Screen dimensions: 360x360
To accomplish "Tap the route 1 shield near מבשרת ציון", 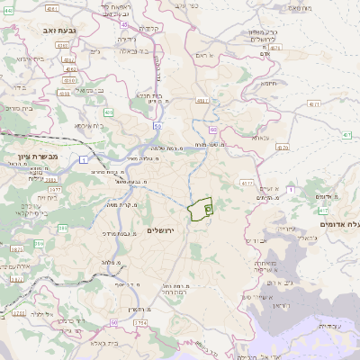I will coord(83,159).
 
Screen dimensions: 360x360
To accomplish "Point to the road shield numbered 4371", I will coord(314,105).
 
